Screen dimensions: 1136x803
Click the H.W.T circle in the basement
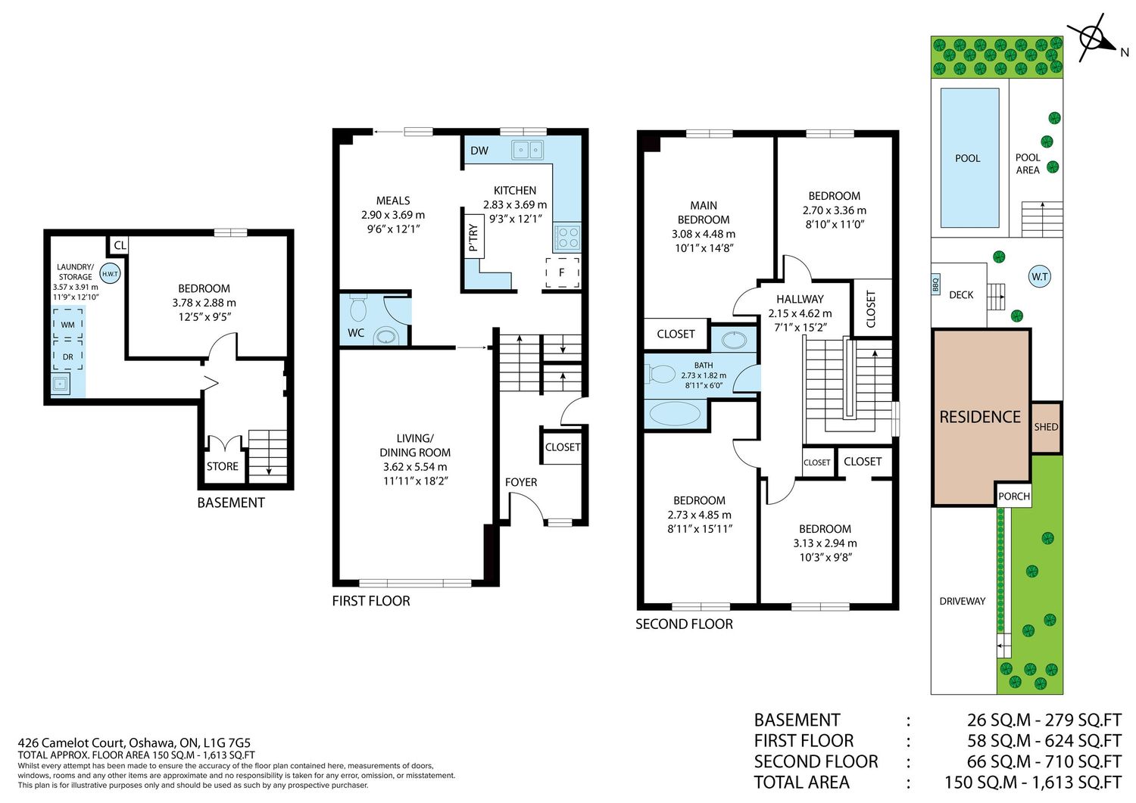pyautogui.click(x=110, y=274)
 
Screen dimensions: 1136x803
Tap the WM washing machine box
pyautogui.click(x=68, y=324)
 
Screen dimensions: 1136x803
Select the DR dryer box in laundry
pyautogui.click(x=68, y=356)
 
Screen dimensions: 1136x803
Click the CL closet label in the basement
pyautogui.click(x=120, y=245)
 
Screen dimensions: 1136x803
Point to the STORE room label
pyautogui.click(x=222, y=466)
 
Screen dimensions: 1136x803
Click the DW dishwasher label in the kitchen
pyautogui.click(x=479, y=151)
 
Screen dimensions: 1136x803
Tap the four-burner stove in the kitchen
pyautogui.click(x=567, y=237)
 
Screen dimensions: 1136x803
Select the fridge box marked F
pyautogui.click(x=563, y=272)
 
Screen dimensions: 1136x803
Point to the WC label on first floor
pyautogui.click(x=356, y=333)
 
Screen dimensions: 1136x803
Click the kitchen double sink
pyautogui.click(x=527, y=150)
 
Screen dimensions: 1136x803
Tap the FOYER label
pyautogui.click(x=521, y=482)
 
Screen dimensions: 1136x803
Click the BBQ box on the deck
pyautogui.click(x=935, y=285)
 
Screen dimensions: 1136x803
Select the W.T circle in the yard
pyautogui.click(x=1040, y=276)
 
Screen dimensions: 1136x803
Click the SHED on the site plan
pyautogui.click(x=1046, y=428)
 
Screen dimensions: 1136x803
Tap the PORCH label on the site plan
pyautogui.click(x=1014, y=496)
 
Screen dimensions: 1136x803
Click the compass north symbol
pyautogui.click(x=1094, y=39)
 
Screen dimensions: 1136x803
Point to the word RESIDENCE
pyautogui.click(x=980, y=417)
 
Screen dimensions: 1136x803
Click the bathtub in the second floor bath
pyautogui.click(x=675, y=414)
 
